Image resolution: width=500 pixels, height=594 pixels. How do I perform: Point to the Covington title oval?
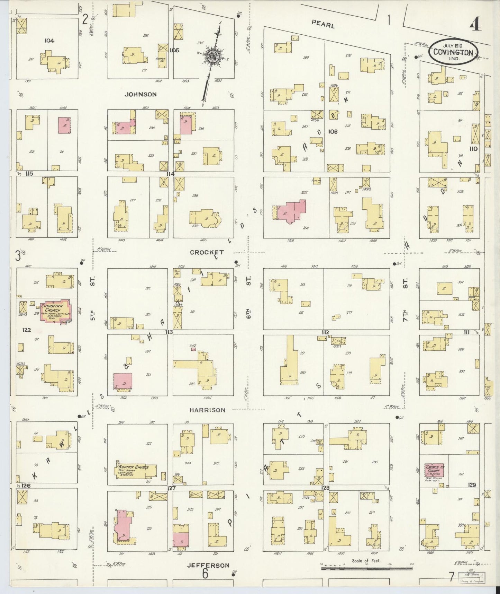[x=453, y=53]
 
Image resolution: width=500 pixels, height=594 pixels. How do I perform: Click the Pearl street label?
[x=323, y=24]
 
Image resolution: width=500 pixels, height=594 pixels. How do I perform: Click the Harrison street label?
[x=207, y=410]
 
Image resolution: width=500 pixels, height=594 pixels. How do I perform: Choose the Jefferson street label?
[x=208, y=565]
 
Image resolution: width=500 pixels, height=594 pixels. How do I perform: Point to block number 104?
[x=49, y=41]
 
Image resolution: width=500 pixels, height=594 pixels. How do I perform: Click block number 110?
[x=473, y=149]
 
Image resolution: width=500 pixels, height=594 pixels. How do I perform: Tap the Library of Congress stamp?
[x=472, y=578]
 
